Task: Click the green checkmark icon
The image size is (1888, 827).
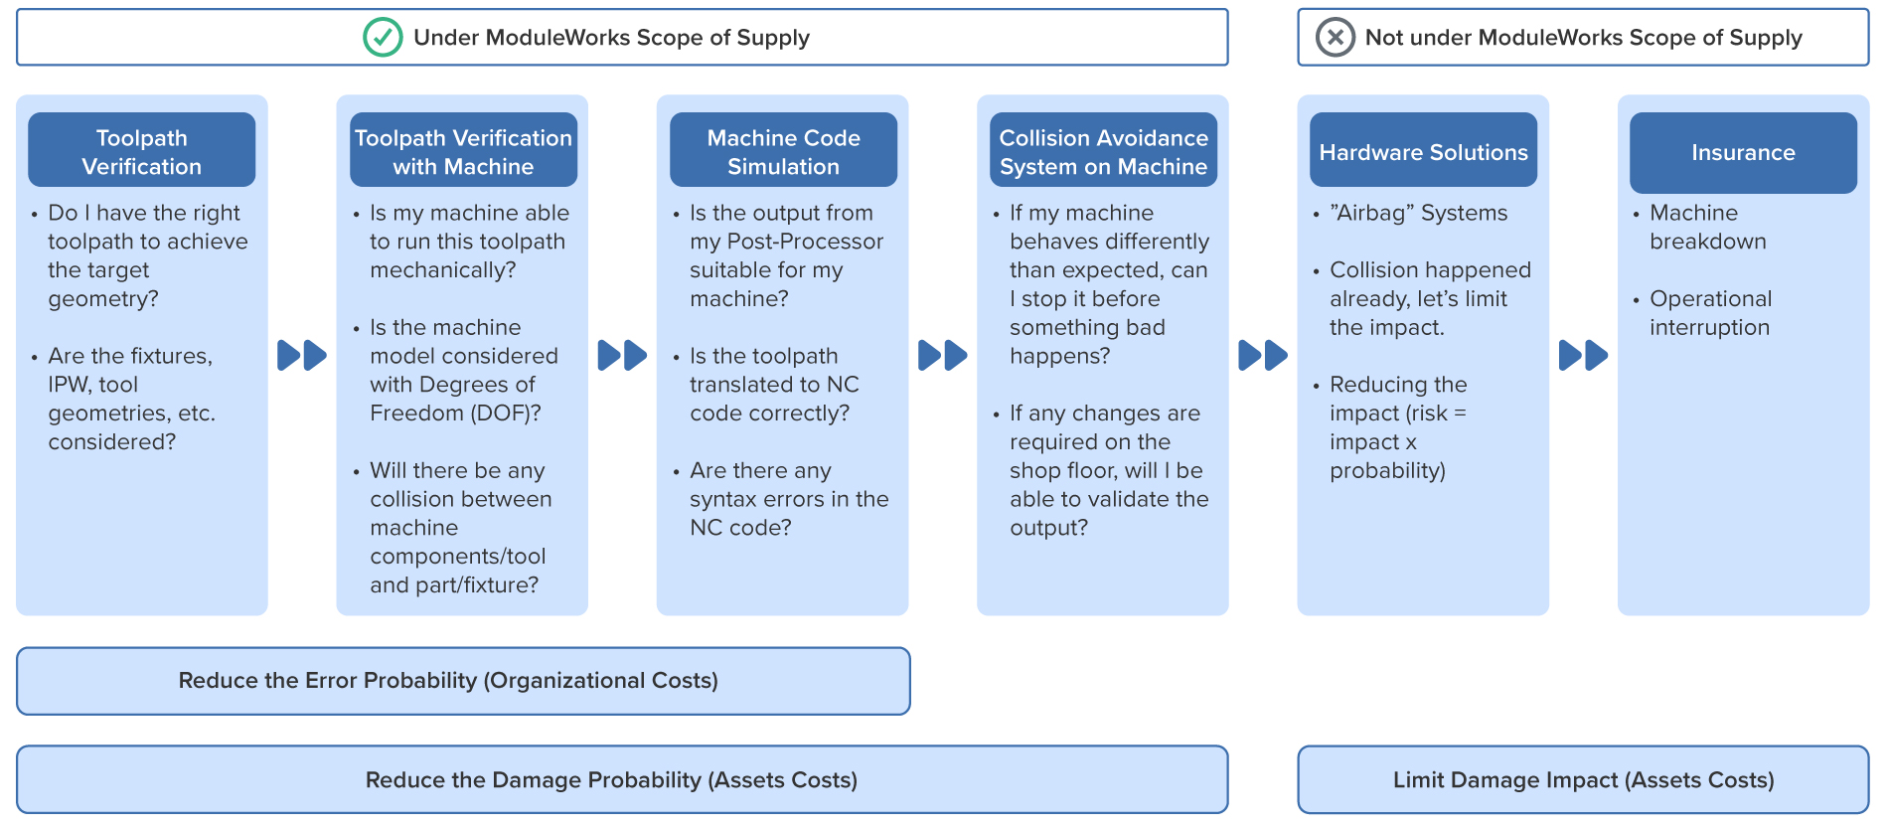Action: coord(383,38)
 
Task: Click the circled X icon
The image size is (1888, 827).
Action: coord(1335,38)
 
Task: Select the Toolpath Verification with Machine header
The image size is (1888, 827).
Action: coord(463,151)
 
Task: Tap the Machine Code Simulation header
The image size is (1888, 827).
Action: coord(783,151)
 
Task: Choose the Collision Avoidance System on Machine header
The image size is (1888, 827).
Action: coord(1103,151)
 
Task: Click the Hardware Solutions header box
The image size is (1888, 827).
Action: coord(1423,151)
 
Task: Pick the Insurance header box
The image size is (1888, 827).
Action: coord(1743,152)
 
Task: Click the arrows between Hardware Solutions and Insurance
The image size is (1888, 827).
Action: coord(1583,355)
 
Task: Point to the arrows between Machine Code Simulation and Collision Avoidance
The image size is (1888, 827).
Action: coord(942,355)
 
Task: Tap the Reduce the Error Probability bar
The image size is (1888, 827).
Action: coord(463,681)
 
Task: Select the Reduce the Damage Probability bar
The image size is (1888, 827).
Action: coord(622,780)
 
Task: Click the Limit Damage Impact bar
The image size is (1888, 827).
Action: coord(1583,780)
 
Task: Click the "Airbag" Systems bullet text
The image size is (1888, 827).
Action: coord(1418,213)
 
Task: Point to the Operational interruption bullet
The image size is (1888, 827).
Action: coord(1709,313)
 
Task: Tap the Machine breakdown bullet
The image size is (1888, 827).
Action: coord(1707,227)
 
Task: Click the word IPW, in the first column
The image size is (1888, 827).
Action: coord(69,385)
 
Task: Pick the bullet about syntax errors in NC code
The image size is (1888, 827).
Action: coord(789,499)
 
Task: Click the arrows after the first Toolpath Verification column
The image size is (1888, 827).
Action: coord(301,355)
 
